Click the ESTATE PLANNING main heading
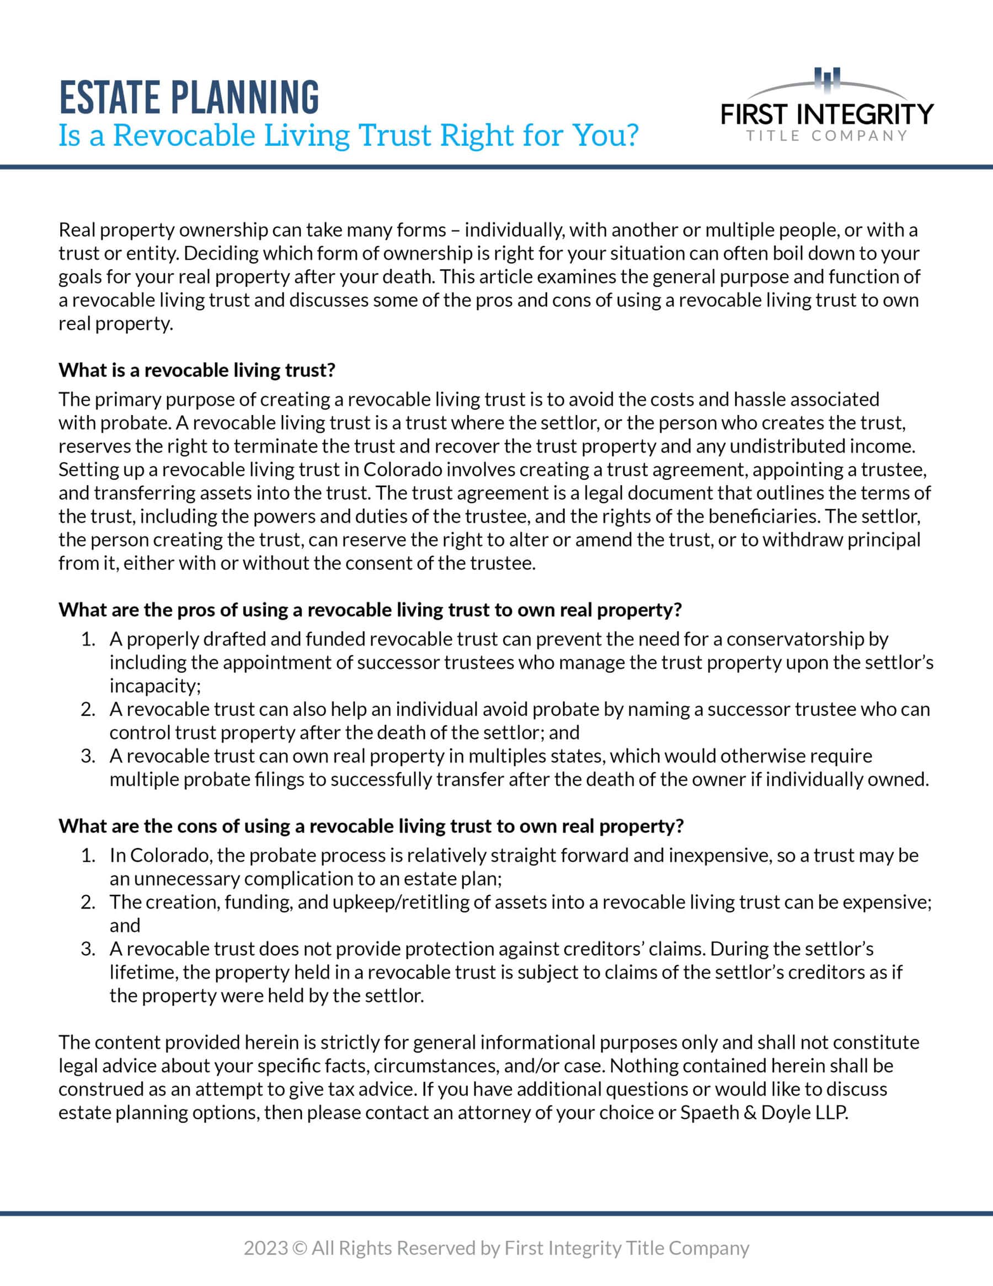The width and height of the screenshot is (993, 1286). [189, 97]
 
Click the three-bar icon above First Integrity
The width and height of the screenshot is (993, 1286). [827, 79]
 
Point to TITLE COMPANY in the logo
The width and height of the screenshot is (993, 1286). [827, 136]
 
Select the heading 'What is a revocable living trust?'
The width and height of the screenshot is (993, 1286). [196, 370]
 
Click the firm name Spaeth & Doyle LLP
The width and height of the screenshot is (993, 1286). [764, 1112]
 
